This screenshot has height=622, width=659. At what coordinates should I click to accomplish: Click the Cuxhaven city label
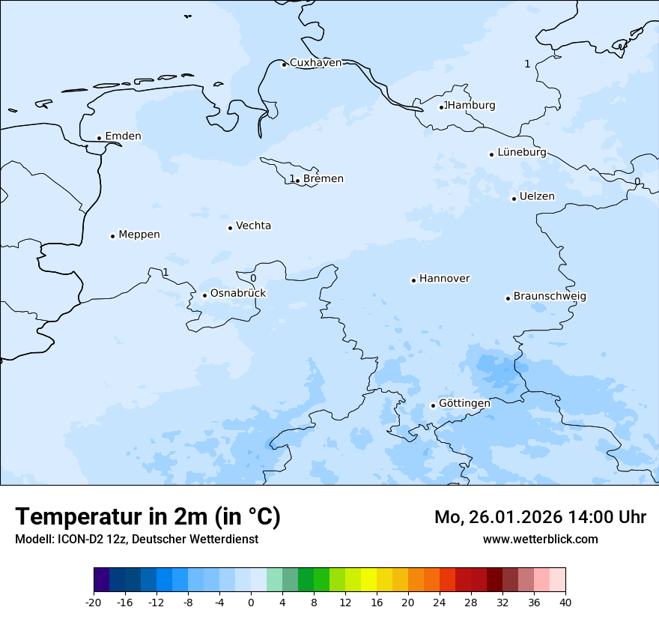315,63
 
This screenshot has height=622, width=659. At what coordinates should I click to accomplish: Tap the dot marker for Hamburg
442,107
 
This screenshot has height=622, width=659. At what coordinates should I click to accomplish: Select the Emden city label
123,136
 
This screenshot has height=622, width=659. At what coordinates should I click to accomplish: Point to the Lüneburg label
521,152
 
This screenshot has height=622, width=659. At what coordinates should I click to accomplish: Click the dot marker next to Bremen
297,181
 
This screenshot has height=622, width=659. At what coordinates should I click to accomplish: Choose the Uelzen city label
537,196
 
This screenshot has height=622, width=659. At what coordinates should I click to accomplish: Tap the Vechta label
253,226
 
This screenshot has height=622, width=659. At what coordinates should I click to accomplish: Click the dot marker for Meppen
112,236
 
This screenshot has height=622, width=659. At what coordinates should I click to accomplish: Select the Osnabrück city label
238,293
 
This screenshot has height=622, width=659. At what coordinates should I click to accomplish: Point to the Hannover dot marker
413,280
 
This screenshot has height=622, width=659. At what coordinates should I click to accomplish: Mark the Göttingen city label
464,403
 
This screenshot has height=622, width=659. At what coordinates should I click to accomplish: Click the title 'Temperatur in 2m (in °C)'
148,516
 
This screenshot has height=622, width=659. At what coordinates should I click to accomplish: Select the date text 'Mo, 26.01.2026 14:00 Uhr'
540,517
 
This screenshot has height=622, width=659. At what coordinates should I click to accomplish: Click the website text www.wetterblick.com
540,539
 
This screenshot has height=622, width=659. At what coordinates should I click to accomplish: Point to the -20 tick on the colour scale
94,602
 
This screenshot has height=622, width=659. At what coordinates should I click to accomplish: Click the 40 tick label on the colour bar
565,602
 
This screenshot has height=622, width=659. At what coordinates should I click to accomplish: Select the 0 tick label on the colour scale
251,602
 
